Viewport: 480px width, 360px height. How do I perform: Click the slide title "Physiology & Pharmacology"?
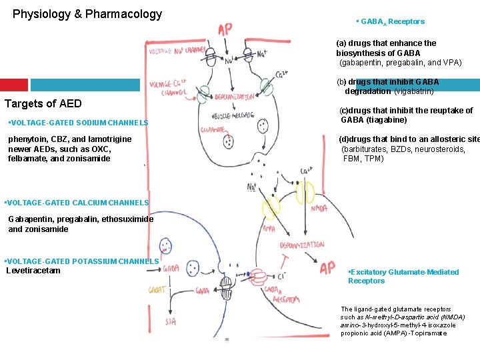click(87, 14)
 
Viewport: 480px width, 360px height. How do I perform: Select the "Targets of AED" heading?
click(43, 103)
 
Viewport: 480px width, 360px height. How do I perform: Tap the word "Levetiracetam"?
click(34, 271)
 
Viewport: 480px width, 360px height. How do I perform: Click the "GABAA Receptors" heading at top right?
click(392, 21)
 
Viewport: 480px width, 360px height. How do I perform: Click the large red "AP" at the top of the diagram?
click(225, 29)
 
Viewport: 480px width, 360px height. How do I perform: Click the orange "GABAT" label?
click(158, 290)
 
